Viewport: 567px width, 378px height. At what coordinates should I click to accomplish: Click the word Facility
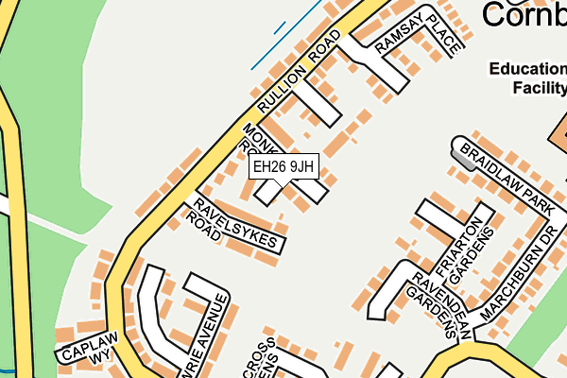pos(539,88)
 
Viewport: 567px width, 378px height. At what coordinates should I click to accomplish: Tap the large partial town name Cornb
pos(524,14)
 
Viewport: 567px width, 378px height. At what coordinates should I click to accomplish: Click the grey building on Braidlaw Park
pos(463,152)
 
